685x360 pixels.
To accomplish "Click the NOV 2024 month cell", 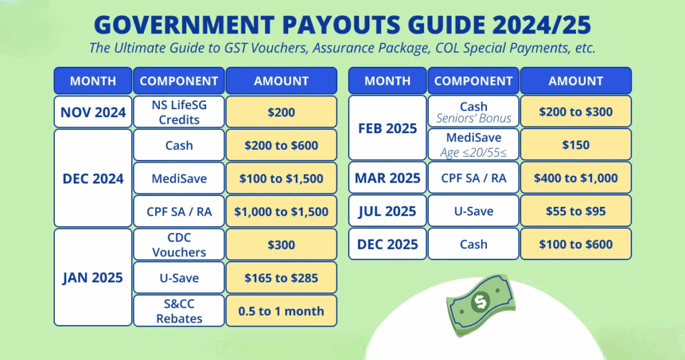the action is pyautogui.click(x=93, y=112).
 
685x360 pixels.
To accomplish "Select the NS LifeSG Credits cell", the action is pyautogui.click(x=179, y=112).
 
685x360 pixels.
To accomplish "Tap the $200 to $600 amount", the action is pyautogui.click(x=282, y=145).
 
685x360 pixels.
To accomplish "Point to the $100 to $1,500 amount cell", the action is pyautogui.click(x=282, y=178).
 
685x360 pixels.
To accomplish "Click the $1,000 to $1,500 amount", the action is pyautogui.click(x=282, y=211).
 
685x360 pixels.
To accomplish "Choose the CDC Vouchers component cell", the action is pyautogui.click(x=179, y=245).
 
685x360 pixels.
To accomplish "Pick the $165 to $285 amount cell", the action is pyautogui.click(x=282, y=278).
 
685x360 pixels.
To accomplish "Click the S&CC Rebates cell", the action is pyautogui.click(x=179, y=310).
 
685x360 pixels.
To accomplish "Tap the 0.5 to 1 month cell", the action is pyautogui.click(x=282, y=310).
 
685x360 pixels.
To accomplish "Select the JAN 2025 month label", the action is pyautogui.click(x=92, y=278).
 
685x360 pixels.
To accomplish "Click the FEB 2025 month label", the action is pyautogui.click(x=387, y=128).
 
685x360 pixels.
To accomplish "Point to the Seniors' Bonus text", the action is pyautogui.click(x=474, y=118).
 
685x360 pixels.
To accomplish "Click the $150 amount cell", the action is pyautogui.click(x=576, y=145).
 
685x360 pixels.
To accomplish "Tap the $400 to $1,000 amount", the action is pyautogui.click(x=576, y=178).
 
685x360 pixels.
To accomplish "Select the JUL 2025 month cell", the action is pyautogui.click(x=387, y=211).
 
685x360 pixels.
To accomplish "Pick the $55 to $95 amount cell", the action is pyautogui.click(x=576, y=211).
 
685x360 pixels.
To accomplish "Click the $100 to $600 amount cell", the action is pyautogui.click(x=576, y=244).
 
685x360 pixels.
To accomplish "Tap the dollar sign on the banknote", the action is pyautogui.click(x=480, y=302).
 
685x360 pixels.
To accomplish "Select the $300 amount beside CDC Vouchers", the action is pyautogui.click(x=282, y=245).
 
